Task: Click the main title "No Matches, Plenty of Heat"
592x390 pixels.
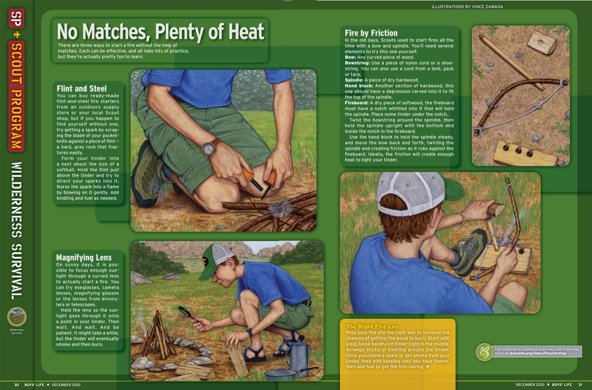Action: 160,31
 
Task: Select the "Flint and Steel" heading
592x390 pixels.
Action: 82,89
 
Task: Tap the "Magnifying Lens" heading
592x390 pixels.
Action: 84,257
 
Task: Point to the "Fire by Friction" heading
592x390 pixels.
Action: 371,33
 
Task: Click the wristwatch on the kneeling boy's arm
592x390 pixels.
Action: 209,149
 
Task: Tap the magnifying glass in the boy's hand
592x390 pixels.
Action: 186,312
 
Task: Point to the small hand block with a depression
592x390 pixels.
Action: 542,42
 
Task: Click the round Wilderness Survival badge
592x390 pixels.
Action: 17,316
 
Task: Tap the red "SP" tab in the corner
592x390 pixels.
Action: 17,23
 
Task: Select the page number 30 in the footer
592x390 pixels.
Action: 17,385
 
